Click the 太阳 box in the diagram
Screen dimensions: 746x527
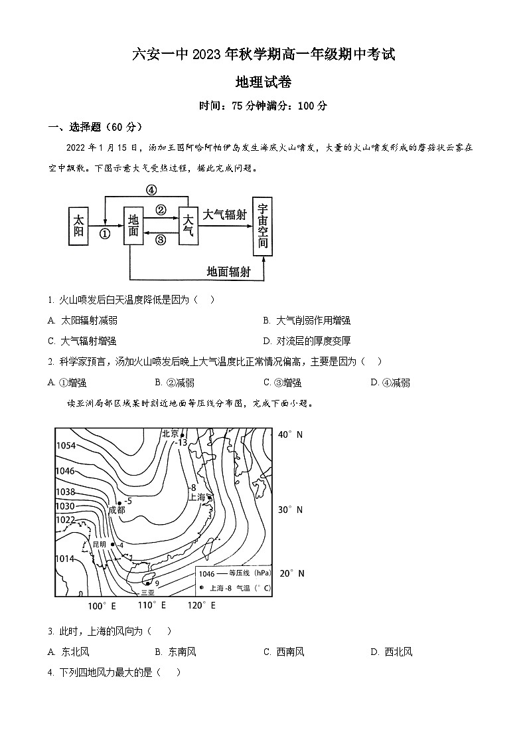click(x=79, y=226)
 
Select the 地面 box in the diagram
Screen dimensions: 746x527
click(x=133, y=226)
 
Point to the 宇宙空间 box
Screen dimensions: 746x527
click(x=263, y=226)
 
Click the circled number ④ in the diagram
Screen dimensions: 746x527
click(x=151, y=190)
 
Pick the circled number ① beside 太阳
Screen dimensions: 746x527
click(x=104, y=234)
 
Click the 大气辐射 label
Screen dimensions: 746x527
click(x=224, y=215)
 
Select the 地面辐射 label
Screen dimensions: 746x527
click(x=230, y=270)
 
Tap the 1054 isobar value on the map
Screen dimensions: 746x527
click(x=65, y=446)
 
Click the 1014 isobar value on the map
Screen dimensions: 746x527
click(x=65, y=559)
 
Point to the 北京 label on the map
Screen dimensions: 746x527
click(x=171, y=434)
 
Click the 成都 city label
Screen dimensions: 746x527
click(x=117, y=510)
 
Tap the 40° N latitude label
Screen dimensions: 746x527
click(x=290, y=434)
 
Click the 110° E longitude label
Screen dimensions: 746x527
click(x=152, y=606)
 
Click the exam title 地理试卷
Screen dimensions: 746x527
click(x=263, y=82)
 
